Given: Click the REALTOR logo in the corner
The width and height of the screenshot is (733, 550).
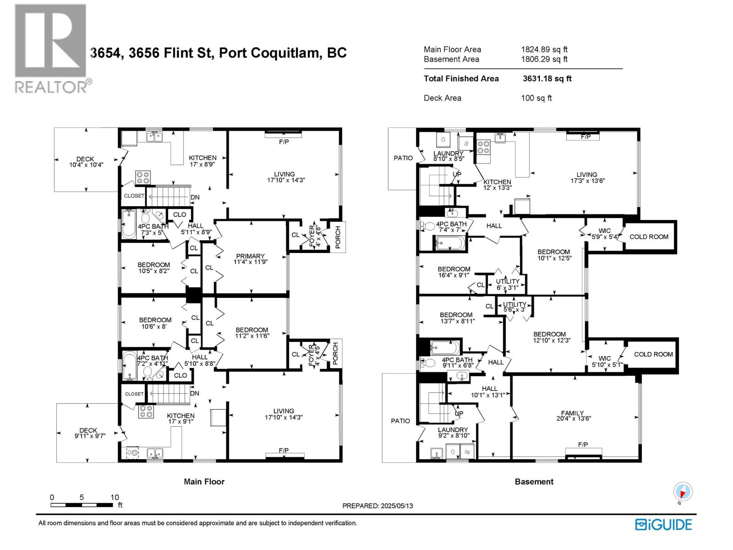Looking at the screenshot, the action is (x=52, y=49).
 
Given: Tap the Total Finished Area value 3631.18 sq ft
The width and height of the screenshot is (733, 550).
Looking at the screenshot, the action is (x=547, y=78).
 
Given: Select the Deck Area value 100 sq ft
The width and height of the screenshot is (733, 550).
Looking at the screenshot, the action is (x=536, y=98).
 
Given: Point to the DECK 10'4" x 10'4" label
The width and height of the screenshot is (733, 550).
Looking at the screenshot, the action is (x=86, y=162).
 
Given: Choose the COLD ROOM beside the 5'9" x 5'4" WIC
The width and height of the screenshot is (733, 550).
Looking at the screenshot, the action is (x=649, y=237).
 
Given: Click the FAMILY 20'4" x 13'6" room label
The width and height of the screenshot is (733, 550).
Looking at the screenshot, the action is (x=574, y=415).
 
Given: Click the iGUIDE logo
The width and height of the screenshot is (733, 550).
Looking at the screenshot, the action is (x=663, y=524).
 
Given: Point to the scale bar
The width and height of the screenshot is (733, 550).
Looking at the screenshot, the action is (x=82, y=505).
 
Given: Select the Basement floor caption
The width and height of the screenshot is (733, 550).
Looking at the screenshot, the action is (x=534, y=481).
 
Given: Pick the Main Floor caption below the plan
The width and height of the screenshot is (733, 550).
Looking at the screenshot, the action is (x=204, y=481).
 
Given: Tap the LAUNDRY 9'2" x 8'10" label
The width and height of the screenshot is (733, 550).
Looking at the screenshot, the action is (x=454, y=433).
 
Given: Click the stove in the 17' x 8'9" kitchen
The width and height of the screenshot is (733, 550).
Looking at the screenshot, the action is (x=143, y=177).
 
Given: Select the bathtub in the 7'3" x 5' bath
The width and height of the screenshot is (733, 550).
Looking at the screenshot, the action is (x=129, y=224).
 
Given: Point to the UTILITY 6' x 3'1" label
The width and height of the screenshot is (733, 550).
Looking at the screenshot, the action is (x=507, y=284).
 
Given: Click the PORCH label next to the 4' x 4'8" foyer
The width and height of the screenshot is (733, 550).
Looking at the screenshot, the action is (x=338, y=237).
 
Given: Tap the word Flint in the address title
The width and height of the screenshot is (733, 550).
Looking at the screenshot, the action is (x=181, y=53).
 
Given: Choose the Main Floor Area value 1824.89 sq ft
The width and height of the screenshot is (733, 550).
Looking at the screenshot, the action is (x=544, y=49).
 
